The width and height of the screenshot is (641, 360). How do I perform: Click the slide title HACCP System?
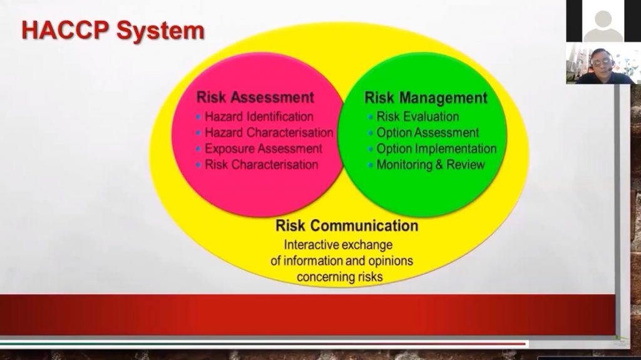pyautogui.click(x=113, y=31)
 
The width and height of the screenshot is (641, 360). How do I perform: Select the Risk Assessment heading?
pyautogui.click(x=255, y=98)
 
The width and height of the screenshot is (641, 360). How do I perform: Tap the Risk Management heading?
pyautogui.click(x=426, y=98)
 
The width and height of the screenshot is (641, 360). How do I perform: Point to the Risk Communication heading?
pyautogui.click(x=347, y=225)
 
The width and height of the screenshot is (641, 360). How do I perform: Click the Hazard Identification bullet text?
pyautogui.click(x=259, y=116)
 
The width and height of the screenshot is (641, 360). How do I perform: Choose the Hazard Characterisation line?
pyautogui.click(x=269, y=133)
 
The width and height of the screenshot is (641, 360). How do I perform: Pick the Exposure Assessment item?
pyautogui.click(x=264, y=148)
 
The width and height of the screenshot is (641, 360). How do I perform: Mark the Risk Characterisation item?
pyautogui.click(x=261, y=165)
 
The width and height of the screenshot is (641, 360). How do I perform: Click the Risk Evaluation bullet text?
pyautogui.click(x=418, y=116)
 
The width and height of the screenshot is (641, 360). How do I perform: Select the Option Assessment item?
pyautogui.click(x=427, y=133)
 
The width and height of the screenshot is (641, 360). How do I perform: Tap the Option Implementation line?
pyautogui.click(x=436, y=148)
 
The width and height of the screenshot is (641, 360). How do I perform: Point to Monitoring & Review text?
pyautogui.click(x=431, y=165)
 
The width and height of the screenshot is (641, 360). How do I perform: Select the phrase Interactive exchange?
pyautogui.click(x=338, y=245)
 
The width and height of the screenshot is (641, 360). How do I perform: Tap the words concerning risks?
pyautogui.click(x=340, y=277)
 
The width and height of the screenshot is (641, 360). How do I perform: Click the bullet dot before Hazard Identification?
pyautogui.click(x=198, y=117)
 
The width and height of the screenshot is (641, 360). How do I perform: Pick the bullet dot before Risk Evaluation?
pyautogui.click(x=370, y=117)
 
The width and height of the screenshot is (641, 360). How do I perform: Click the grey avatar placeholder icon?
pyautogui.click(x=603, y=26)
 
